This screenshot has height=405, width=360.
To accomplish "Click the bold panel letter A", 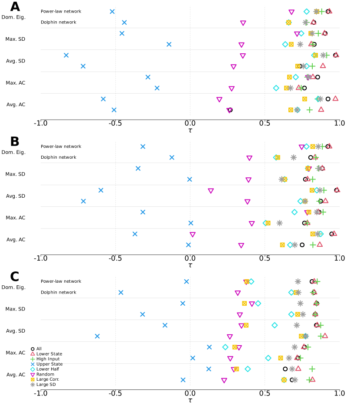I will [x=15, y=7].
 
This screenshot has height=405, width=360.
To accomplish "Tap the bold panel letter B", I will [x=15, y=142].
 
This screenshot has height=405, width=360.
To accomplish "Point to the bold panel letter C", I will [x=15, y=277].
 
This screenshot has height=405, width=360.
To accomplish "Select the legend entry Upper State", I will [x=49, y=364].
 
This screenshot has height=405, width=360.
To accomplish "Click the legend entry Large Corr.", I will [x=48, y=379].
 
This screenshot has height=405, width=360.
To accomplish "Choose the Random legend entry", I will [x=45, y=374].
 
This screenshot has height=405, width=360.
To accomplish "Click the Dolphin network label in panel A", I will [x=58, y=22].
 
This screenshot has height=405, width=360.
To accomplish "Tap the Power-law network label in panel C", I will [x=61, y=281].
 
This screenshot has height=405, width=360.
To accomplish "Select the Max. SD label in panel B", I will [x=15, y=174].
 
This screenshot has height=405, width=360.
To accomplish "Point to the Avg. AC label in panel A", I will [x=16, y=105].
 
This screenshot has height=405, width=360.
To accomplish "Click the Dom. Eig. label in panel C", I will [x=15, y=287].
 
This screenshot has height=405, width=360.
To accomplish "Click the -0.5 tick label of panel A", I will [x=115, y=124].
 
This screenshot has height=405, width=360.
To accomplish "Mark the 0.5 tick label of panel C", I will [x=265, y=393].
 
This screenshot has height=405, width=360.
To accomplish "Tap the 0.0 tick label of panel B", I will [x=190, y=258].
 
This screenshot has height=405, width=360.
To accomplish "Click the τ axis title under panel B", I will [x=190, y=265].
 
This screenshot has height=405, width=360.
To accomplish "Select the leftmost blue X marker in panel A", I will [x=66, y=56].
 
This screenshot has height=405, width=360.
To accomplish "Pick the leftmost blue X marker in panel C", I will [x=97, y=336].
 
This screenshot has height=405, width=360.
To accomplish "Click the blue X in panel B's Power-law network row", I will [x=143, y=147].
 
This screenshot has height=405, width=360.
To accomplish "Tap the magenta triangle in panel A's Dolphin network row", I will [x=243, y=23].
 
